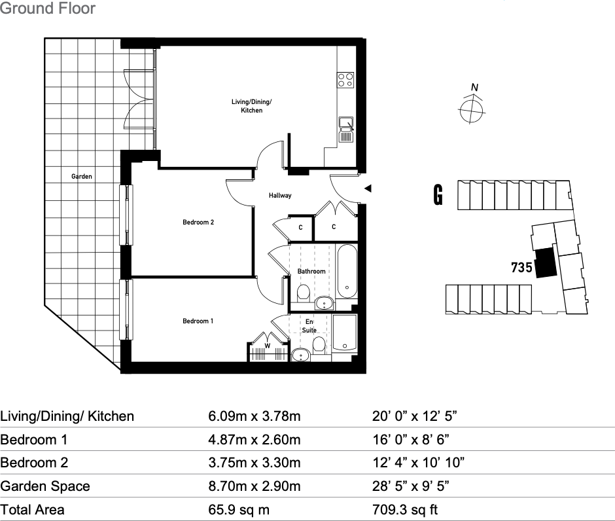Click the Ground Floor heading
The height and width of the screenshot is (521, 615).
point(48,9)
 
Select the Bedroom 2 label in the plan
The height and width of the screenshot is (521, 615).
point(198,223)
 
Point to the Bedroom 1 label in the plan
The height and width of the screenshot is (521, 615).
point(198,321)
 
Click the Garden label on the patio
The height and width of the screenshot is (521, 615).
point(82,177)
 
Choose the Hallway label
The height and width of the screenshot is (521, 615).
point(280,196)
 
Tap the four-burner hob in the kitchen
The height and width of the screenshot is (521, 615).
point(345,80)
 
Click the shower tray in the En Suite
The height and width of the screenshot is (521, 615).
point(344,334)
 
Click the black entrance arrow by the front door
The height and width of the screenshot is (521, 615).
point(368,189)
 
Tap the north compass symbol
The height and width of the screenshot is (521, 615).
point(471,109)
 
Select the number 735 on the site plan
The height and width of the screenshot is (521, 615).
point(521,268)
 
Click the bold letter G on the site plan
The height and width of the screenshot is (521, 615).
point(438,195)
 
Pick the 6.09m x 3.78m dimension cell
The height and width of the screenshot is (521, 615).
point(254,416)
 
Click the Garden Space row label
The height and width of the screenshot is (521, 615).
point(45,486)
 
